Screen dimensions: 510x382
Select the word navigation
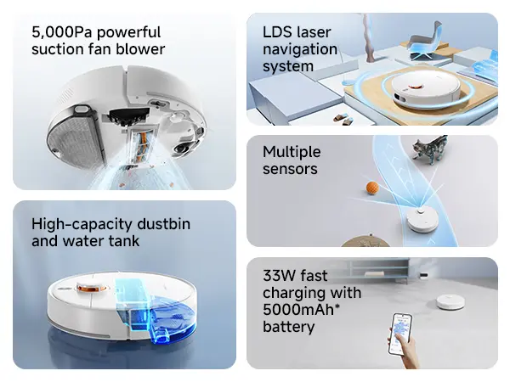click(x=300, y=50)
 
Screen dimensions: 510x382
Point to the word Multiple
click(x=292, y=152)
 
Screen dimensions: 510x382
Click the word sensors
click(x=290, y=169)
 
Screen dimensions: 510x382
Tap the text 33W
click(x=277, y=276)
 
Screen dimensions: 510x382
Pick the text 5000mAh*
click(x=301, y=310)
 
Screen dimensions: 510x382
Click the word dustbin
click(x=163, y=224)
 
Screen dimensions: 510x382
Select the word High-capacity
click(x=82, y=225)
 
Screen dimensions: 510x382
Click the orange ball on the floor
click(x=372, y=188)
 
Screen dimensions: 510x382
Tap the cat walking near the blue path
click(x=430, y=149)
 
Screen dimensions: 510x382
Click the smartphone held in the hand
click(x=399, y=334)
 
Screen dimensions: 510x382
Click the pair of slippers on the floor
click(x=343, y=119)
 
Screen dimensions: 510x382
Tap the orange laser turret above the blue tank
click(x=91, y=288)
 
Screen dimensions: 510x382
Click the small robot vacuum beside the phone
click(x=450, y=302)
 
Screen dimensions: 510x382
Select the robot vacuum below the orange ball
click(x=422, y=221)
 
